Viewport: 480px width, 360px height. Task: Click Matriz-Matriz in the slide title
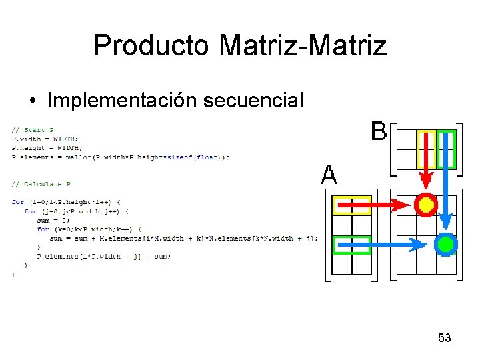tap(303, 45)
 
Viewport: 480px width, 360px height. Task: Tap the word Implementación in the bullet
tap(122, 100)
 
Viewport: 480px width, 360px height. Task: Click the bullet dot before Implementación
tap(33, 101)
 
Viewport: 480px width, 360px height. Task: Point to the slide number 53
tap(445, 338)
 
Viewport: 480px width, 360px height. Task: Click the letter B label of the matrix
tap(378, 131)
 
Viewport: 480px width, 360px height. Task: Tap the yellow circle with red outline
tap(425, 205)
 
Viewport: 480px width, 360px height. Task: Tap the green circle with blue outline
tap(445, 245)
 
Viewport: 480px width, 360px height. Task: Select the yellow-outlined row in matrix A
tap(351, 205)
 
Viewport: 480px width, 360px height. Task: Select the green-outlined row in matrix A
tap(351, 245)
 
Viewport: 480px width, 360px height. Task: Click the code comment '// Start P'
tap(33, 130)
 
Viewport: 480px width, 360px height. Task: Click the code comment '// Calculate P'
tap(41, 184)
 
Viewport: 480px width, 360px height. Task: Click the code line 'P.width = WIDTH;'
tap(45, 139)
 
